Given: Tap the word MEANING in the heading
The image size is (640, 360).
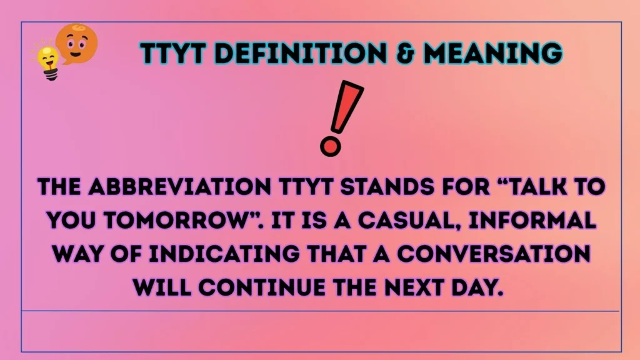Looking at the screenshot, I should point(493,54).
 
